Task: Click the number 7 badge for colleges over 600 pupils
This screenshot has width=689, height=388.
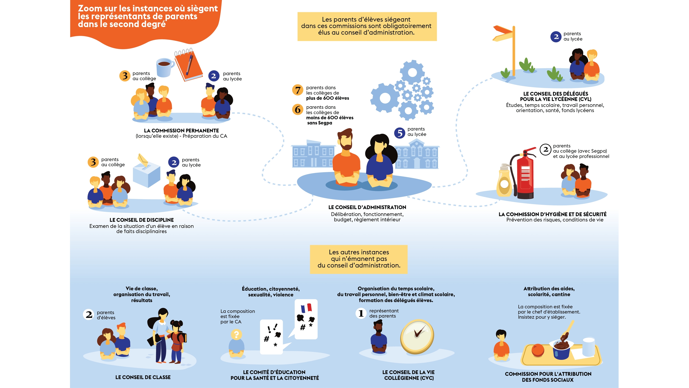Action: click(298, 90)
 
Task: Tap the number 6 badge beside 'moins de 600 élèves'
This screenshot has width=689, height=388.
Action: click(298, 110)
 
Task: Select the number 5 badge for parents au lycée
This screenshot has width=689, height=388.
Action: click(400, 133)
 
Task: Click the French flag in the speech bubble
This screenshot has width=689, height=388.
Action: click(306, 308)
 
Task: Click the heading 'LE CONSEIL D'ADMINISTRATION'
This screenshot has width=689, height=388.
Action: click(367, 207)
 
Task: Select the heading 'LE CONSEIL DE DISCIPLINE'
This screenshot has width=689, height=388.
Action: click(141, 220)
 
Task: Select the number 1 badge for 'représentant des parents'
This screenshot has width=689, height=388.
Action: click(361, 313)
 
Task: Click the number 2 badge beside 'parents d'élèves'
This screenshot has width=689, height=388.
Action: click(88, 315)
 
